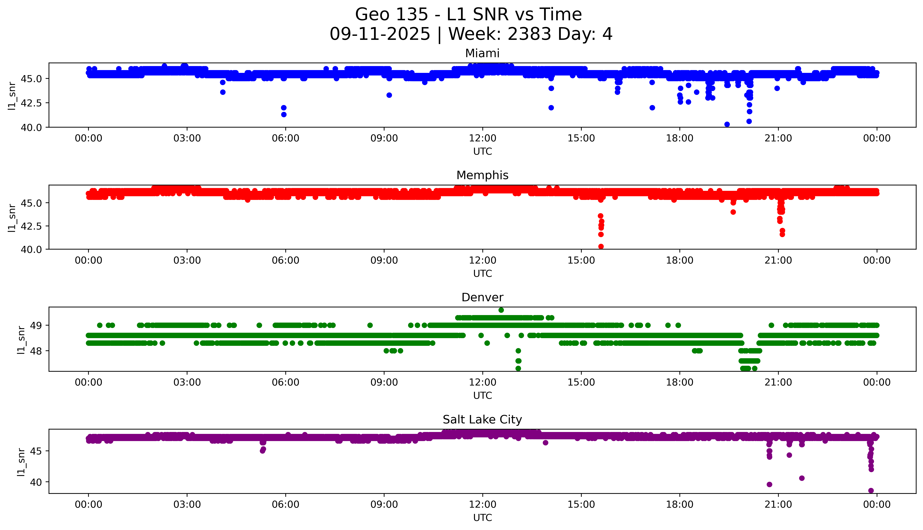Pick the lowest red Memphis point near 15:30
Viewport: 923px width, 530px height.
(601, 246)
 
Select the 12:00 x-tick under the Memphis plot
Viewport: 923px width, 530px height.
(482, 260)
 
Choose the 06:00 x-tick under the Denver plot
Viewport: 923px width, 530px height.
(286, 382)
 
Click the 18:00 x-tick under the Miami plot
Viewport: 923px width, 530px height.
(679, 138)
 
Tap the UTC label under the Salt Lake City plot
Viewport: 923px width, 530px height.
(482, 517)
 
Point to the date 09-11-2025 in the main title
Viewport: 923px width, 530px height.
(380, 34)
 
